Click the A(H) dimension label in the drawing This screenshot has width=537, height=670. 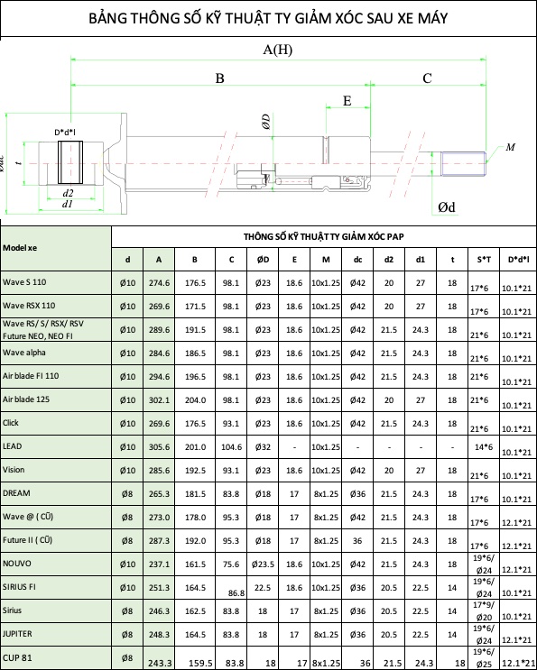(277, 50)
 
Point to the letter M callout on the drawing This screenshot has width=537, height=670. (511, 147)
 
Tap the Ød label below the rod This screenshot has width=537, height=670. (447, 207)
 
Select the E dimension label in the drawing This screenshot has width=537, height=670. (347, 101)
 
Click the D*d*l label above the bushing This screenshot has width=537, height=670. (65, 133)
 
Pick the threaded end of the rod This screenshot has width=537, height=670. (464, 163)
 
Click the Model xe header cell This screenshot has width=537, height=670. (20, 248)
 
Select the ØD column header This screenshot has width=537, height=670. (263, 260)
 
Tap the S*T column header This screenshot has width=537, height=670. (484, 260)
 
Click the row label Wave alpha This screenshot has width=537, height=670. (24, 353)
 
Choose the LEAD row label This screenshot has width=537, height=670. (12, 446)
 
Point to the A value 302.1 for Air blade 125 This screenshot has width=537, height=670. (159, 400)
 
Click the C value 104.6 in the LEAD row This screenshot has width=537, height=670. (231, 447)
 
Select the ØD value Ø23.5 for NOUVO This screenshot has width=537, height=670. (263, 564)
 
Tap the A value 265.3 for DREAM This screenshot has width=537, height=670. (159, 494)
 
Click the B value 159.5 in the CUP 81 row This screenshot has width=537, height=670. (200, 663)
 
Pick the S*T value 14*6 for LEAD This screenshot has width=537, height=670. (484, 447)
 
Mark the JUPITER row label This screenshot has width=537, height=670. (17, 633)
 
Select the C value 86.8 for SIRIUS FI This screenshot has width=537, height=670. (236, 593)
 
